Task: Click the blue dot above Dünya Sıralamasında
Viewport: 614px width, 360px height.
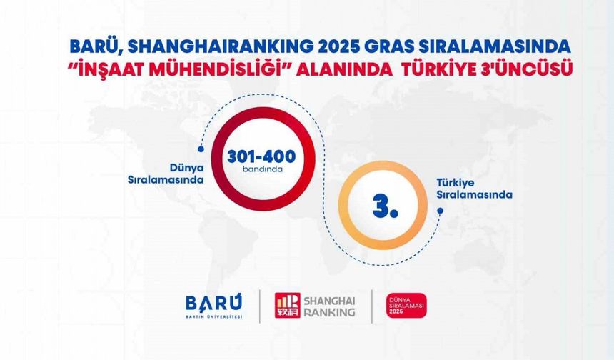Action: pyautogui.click(x=201, y=149)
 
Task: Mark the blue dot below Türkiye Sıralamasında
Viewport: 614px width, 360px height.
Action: pyautogui.click(x=440, y=211)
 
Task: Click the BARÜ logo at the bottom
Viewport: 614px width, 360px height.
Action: pyautogui.click(x=213, y=301)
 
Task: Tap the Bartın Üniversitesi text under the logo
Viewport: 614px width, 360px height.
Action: pyautogui.click(x=213, y=316)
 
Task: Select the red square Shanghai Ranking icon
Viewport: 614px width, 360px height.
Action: pyautogui.click(x=287, y=305)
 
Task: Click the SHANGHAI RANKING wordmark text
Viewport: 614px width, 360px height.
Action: pyautogui.click(x=329, y=305)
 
